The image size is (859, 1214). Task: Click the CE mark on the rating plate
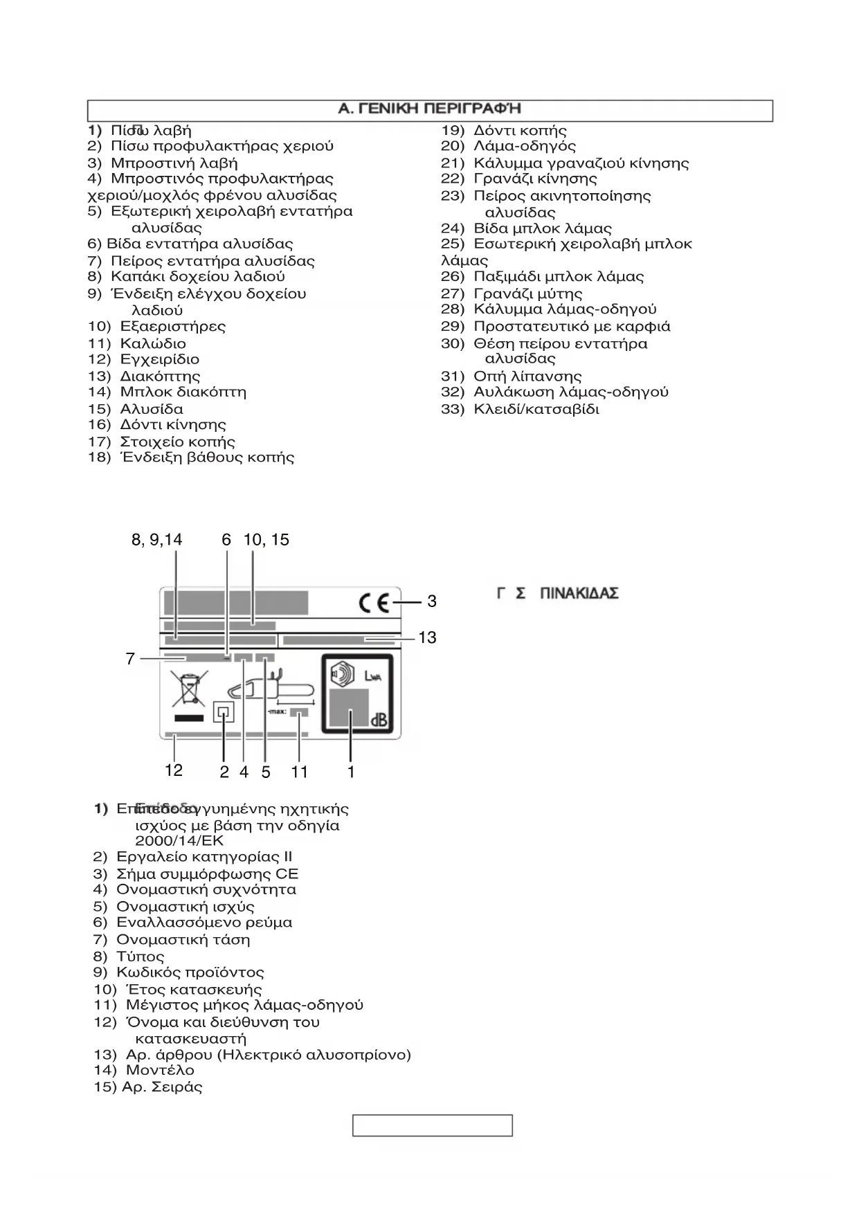click(x=374, y=603)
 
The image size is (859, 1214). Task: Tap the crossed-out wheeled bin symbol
click(x=189, y=689)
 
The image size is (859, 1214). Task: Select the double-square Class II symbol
click(x=224, y=712)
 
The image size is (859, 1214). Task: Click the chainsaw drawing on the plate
click(x=269, y=689)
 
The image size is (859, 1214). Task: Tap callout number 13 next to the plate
click(x=427, y=637)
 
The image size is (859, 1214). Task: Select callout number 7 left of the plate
click(x=130, y=659)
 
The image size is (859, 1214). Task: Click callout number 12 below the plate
click(x=173, y=770)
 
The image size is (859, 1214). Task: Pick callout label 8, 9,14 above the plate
click(x=157, y=540)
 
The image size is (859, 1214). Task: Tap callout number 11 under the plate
click(x=299, y=771)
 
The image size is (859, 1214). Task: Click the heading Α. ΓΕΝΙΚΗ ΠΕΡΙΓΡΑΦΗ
click(x=429, y=109)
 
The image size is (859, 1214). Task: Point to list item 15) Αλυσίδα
click(x=136, y=409)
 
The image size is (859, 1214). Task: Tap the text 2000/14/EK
click(x=179, y=841)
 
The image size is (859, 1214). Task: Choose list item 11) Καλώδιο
click(x=138, y=343)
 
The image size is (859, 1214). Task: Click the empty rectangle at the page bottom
click(x=432, y=1125)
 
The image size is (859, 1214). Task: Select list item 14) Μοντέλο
click(x=145, y=1070)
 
